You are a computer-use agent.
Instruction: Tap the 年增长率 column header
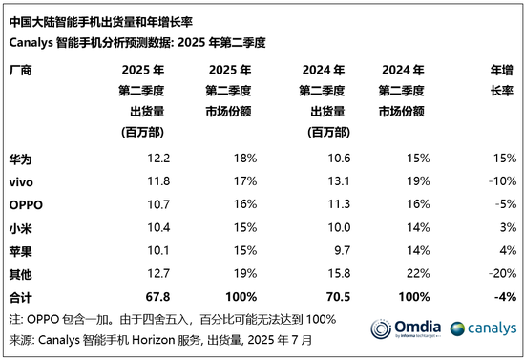point(502,80)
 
